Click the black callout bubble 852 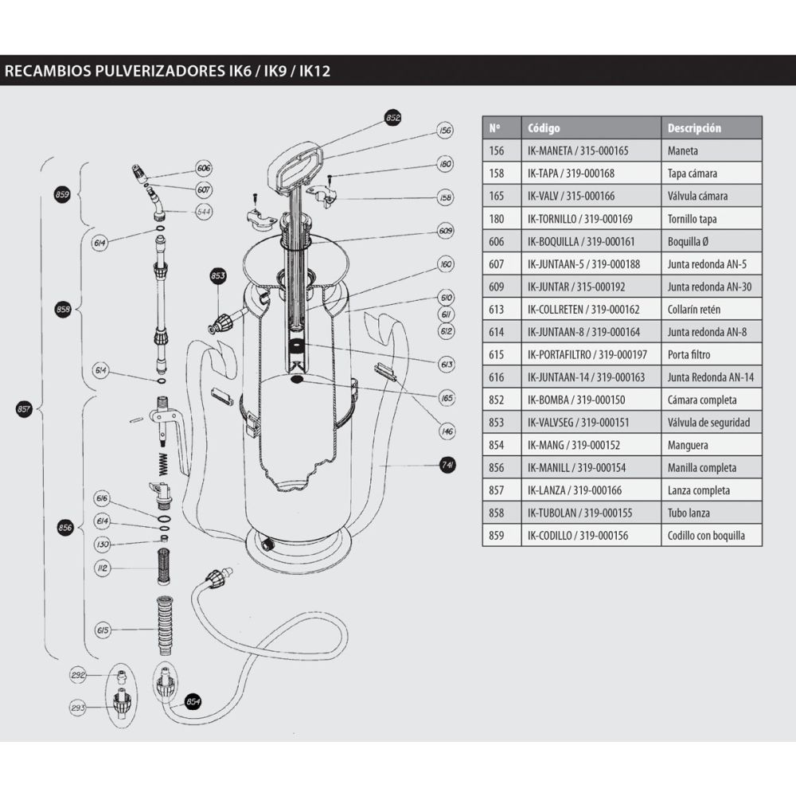[392, 117]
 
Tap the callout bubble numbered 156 [445, 131]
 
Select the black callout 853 [218, 276]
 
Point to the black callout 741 [447, 466]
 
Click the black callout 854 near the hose [193, 701]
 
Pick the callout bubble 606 [204, 169]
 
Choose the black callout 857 [24, 409]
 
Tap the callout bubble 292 [78, 676]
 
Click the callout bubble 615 [101, 630]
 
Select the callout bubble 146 [447, 431]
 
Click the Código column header [544, 128]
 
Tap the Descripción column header [694, 128]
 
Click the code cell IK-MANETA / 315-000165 [578, 150]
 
